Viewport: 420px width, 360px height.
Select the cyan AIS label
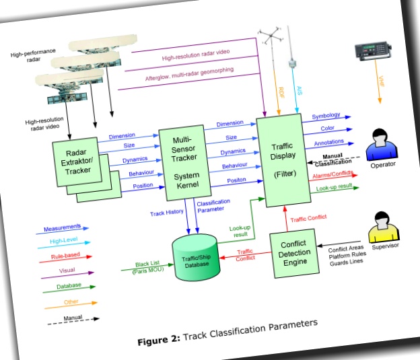(x=299, y=88)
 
